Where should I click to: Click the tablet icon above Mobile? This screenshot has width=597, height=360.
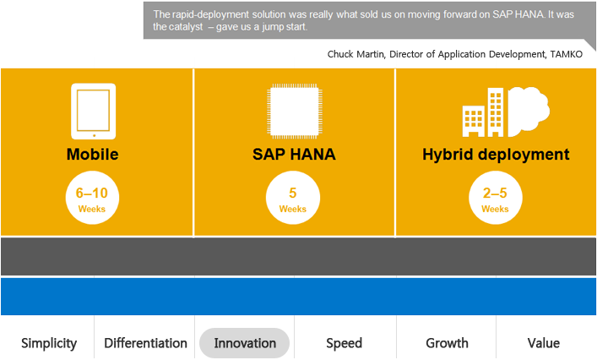coord(93,111)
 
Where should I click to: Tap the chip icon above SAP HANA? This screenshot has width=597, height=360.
coord(293,111)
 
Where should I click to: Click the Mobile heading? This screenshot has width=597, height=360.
coord(93,155)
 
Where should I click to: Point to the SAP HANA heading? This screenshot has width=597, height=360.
coord(294,155)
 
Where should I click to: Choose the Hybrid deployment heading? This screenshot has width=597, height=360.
coord(496,155)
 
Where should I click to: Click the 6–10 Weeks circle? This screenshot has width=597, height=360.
coord(93,199)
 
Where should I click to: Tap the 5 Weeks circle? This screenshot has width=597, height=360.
coord(293,199)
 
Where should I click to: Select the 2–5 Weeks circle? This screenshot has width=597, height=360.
coord(496,199)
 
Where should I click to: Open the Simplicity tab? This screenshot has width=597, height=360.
coord(49,343)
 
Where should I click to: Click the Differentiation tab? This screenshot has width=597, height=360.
coord(145,343)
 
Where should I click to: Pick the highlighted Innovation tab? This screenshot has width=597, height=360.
coord(245,343)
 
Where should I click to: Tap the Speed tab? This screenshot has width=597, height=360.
coord(344,343)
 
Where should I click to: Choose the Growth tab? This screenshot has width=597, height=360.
coord(447,343)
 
